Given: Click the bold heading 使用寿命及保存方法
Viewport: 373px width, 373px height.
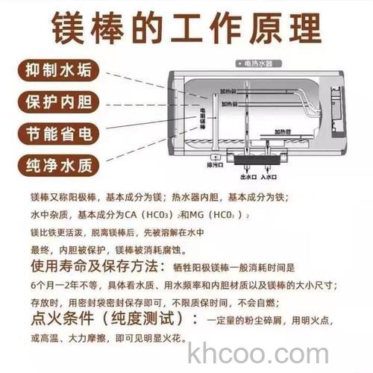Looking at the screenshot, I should point(93,266).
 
